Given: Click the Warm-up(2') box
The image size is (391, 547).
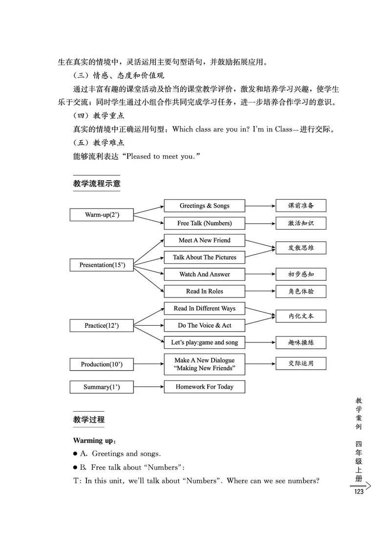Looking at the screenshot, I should [x=102, y=215].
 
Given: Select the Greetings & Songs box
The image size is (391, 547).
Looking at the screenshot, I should [x=204, y=206].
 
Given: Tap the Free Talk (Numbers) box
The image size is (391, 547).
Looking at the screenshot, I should [x=204, y=223].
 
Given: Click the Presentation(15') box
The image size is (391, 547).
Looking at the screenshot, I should [x=102, y=265].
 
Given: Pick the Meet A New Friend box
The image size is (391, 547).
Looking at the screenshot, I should [x=204, y=240].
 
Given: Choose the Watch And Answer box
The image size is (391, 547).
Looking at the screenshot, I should [x=204, y=274].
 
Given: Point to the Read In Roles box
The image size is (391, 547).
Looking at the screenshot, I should [x=204, y=291].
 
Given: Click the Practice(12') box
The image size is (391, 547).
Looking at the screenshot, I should [x=102, y=325].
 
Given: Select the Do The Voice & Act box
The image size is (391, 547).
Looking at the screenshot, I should [x=204, y=325].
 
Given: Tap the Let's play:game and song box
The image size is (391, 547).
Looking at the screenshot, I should [x=204, y=342].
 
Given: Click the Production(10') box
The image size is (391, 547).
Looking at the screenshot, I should [x=102, y=364].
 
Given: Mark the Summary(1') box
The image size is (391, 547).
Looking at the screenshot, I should [x=102, y=387].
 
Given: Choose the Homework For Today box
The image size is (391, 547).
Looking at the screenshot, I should [x=204, y=387].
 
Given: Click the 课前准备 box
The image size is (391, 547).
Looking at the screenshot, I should [x=301, y=206].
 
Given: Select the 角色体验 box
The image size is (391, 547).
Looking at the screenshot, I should [x=301, y=292].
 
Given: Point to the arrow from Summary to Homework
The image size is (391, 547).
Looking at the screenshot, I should [x=148, y=387].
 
